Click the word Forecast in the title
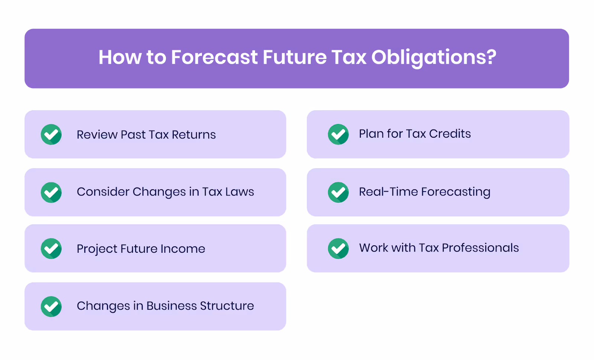pyautogui.click(x=214, y=58)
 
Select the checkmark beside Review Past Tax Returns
pyautogui.click(x=51, y=134)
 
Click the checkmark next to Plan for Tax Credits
pyautogui.click(x=338, y=134)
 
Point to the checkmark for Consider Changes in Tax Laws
pyautogui.click(x=51, y=192)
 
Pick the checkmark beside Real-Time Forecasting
pyautogui.click(x=338, y=192)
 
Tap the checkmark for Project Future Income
pyautogui.click(x=51, y=248)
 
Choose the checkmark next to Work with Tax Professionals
pyautogui.click(x=338, y=248)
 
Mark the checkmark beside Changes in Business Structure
pyautogui.click(x=51, y=307)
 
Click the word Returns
pyautogui.click(x=193, y=135)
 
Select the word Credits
pyautogui.click(x=450, y=134)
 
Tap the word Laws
pyautogui.click(x=239, y=192)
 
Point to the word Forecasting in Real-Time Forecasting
pyautogui.click(x=456, y=192)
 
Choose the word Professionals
pyautogui.click(x=480, y=248)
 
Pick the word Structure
pyautogui.click(x=227, y=306)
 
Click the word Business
pyautogui.click(x=172, y=306)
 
